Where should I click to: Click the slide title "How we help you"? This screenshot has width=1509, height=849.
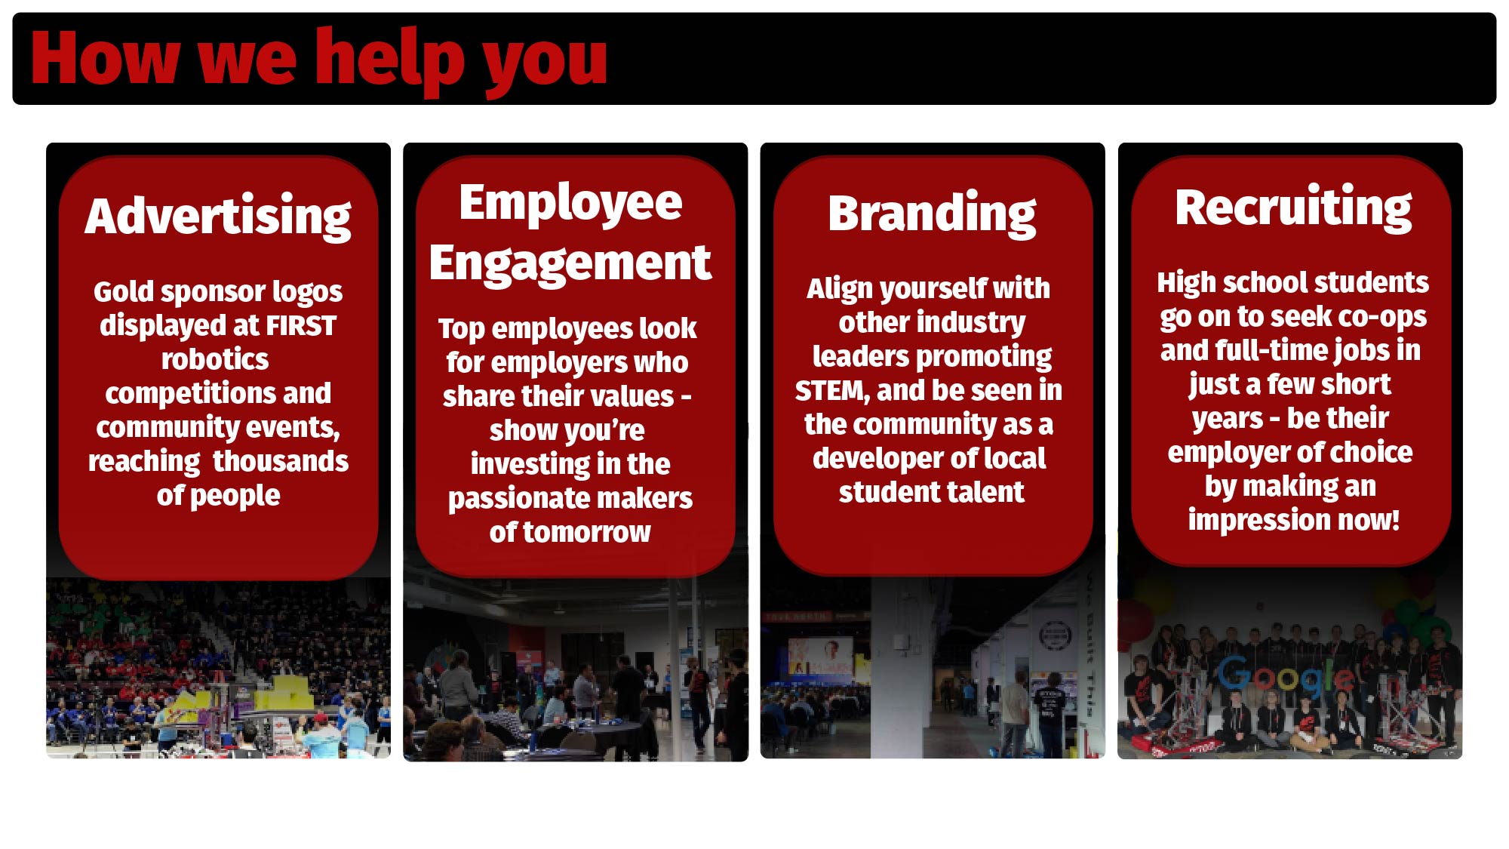(318, 59)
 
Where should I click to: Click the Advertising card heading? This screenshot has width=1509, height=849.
(218, 217)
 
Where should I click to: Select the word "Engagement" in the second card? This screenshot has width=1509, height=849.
(570, 264)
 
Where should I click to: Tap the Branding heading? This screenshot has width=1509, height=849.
(932, 214)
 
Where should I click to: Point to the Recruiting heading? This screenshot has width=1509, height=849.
(1293, 208)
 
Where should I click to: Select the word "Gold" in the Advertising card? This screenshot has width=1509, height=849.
(123, 291)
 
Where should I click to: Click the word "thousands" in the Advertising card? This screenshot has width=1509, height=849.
(281, 461)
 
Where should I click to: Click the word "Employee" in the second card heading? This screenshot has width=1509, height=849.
(570, 204)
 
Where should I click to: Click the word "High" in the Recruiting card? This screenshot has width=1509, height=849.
(1186, 283)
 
